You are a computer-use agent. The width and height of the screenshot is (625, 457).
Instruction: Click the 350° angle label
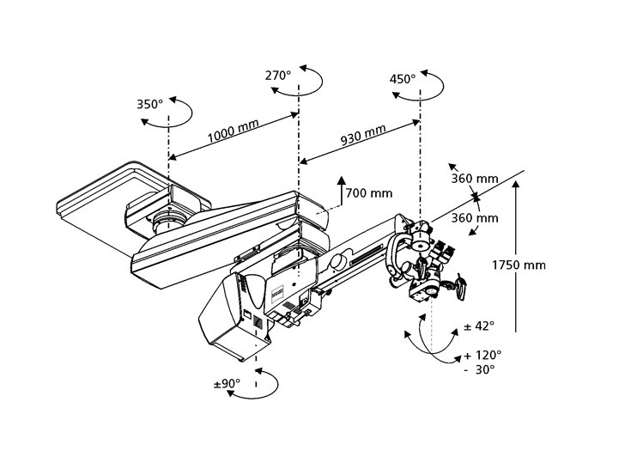[x=149, y=105]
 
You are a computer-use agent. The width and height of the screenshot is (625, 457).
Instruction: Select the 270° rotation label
[x=278, y=76]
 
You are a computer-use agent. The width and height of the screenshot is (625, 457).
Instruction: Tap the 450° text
[x=402, y=78]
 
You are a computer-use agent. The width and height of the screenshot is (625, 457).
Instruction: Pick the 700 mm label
[x=369, y=193]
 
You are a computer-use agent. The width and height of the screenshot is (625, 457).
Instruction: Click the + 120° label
[x=483, y=354]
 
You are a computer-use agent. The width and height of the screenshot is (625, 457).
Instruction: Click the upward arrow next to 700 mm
[x=341, y=191]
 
